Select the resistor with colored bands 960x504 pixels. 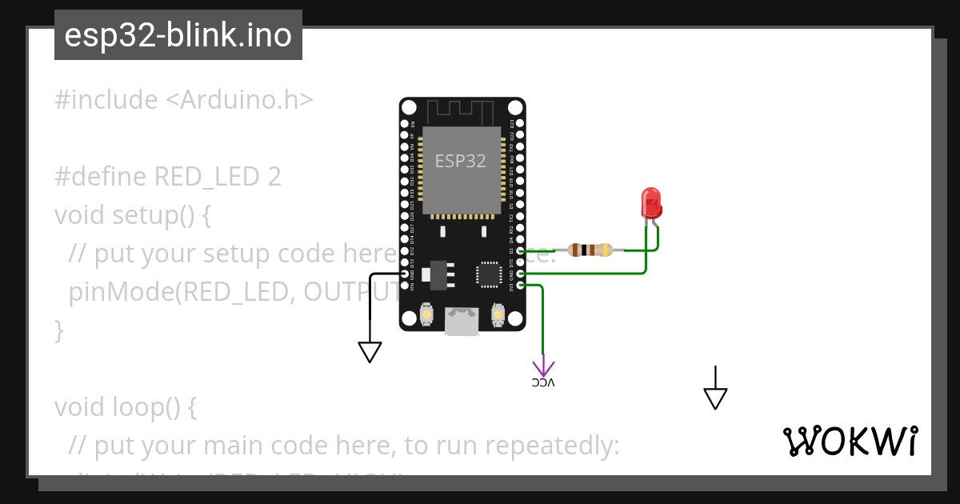coord(590,250)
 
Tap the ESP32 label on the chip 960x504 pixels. coord(460,161)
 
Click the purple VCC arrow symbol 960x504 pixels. coord(543,368)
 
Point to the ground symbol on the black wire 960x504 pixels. coord(370,351)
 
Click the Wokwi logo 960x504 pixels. coord(850,441)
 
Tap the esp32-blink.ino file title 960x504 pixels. coord(178,35)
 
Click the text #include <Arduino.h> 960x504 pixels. coord(184,100)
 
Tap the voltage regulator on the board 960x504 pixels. coord(436,274)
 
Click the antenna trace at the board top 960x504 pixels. coord(462,110)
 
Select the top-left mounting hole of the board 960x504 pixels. coord(409,107)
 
